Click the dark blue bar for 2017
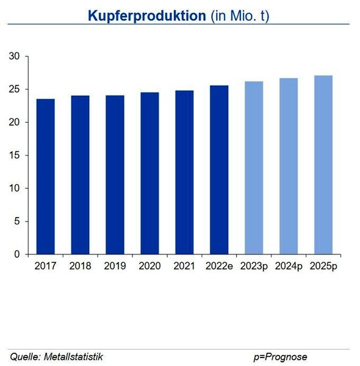(x=45, y=176)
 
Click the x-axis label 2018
(x=80, y=266)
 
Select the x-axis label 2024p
(x=289, y=266)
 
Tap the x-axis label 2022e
(x=219, y=266)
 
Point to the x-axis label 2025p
(x=323, y=266)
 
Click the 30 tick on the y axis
(x=15, y=57)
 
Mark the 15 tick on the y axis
(x=15, y=156)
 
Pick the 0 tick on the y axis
(x=18, y=254)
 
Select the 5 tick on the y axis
(x=18, y=221)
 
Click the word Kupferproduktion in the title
(x=146, y=16)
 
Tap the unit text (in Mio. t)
(x=239, y=16)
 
